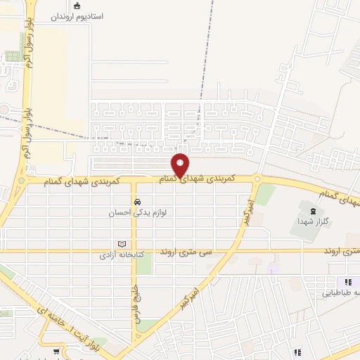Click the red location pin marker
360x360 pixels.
tap(181, 165)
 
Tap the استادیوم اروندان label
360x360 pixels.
tap(77, 15)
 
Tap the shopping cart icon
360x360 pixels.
tap(56, 351)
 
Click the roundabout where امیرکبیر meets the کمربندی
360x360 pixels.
tap(258, 179)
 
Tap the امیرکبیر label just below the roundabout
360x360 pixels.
tap(248, 212)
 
